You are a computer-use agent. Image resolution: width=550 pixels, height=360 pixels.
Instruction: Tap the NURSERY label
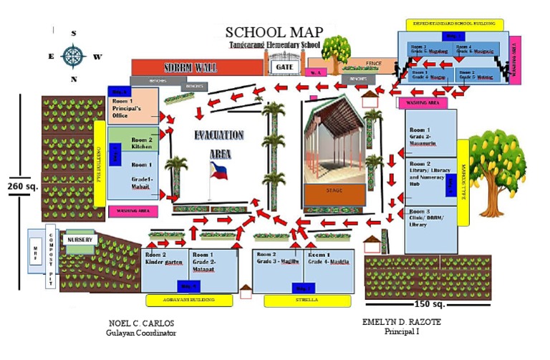(80, 240)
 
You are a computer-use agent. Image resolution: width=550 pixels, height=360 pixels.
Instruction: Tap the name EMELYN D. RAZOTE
(402, 322)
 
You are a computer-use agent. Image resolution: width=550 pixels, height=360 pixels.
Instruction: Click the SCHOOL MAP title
(274, 32)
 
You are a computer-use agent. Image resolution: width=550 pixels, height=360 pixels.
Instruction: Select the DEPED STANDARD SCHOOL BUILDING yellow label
(455, 24)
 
